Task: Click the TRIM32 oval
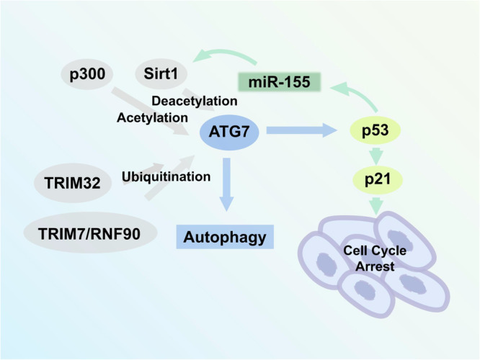[x=74, y=184]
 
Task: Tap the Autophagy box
[x=225, y=235]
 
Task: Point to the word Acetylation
[x=153, y=116]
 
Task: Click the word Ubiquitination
[x=165, y=176]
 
